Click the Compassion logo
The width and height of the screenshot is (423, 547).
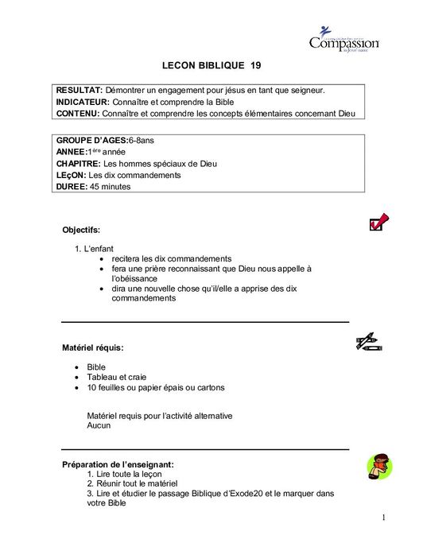(x=343, y=39)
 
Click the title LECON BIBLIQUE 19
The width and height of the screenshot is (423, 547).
(x=211, y=68)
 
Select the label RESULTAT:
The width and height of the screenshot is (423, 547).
(x=79, y=91)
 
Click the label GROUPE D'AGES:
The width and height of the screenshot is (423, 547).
(x=91, y=140)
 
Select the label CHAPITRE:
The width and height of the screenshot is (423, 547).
(x=79, y=164)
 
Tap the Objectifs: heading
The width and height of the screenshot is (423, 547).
(x=82, y=230)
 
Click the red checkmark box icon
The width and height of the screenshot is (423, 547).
(x=378, y=222)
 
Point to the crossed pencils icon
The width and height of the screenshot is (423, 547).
(x=369, y=342)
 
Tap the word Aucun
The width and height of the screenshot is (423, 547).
(x=99, y=425)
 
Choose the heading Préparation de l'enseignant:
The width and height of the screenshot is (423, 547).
(x=118, y=464)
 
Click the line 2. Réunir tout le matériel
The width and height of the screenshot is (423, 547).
(x=132, y=483)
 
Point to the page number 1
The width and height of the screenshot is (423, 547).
(x=383, y=518)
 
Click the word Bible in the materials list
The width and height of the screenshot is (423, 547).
(x=97, y=367)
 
